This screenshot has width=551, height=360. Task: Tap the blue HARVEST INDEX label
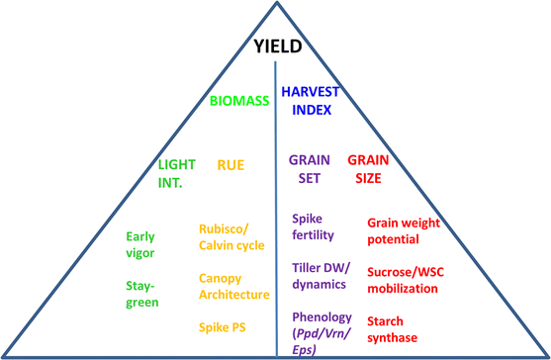coord(311,99)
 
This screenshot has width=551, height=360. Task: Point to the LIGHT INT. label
coord(177,172)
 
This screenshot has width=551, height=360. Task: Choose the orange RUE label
coord(230,165)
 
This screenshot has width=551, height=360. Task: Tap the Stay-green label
coord(142,295)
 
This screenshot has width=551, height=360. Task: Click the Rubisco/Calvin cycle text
coord(231,238)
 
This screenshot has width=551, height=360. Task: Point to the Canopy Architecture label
coord(233,287)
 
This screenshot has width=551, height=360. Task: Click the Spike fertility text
coord(314,226)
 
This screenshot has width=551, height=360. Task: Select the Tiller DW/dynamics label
coord(319,276)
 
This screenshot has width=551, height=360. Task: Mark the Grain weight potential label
coord(409,231)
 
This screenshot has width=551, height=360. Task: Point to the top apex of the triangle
coord(276,4)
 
